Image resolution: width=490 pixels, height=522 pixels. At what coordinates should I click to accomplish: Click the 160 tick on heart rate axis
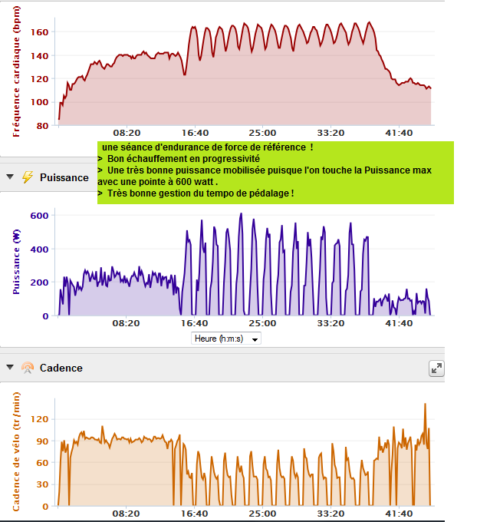click(x=40, y=32)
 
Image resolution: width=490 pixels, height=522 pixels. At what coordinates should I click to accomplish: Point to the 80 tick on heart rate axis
click(x=43, y=125)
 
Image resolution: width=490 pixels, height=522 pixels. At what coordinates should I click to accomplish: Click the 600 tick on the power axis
click(x=40, y=216)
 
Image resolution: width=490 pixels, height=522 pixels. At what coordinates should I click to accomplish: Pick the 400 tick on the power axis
click(x=40, y=249)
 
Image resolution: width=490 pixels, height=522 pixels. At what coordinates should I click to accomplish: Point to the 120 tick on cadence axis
click(x=40, y=419)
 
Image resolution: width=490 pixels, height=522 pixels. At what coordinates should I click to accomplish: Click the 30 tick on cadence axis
click(x=43, y=485)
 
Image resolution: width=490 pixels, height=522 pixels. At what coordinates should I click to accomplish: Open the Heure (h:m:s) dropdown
click(x=227, y=339)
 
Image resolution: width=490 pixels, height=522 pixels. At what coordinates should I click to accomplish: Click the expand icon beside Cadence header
click(x=436, y=368)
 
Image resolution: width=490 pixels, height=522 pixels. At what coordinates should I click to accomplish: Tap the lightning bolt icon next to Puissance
click(x=27, y=177)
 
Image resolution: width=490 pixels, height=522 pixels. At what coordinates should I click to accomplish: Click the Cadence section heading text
click(x=61, y=368)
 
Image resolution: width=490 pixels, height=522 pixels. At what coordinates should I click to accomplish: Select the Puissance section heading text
click(x=64, y=177)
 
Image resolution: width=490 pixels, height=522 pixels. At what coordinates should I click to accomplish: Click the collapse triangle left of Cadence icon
click(x=9, y=368)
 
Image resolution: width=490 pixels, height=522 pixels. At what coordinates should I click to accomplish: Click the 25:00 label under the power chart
click(x=262, y=324)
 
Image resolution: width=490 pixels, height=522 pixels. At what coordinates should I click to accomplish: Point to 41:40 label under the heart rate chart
click(x=398, y=133)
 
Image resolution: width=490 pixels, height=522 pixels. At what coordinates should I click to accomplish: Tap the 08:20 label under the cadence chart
click(x=126, y=514)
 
